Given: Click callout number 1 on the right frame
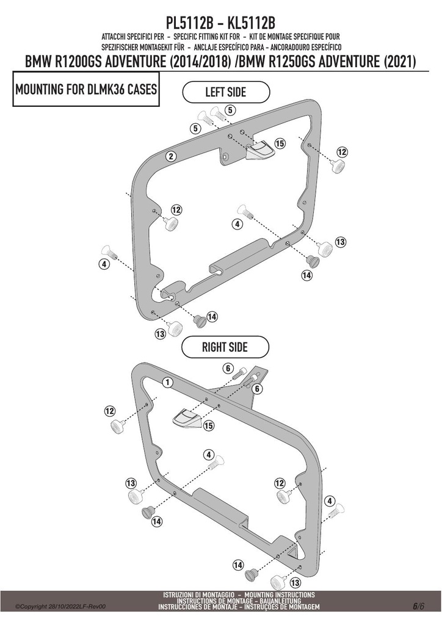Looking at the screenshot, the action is pyautogui.click(x=168, y=382).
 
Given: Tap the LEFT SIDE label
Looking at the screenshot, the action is pyautogui.click(x=226, y=92).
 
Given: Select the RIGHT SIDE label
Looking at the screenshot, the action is pyautogui.click(x=225, y=347).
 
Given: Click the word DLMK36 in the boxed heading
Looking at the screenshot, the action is pyautogui.click(x=106, y=89).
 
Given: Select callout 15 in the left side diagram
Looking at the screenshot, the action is pyautogui.click(x=280, y=143).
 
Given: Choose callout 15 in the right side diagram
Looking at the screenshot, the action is pyautogui.click(x=208, y=425).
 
